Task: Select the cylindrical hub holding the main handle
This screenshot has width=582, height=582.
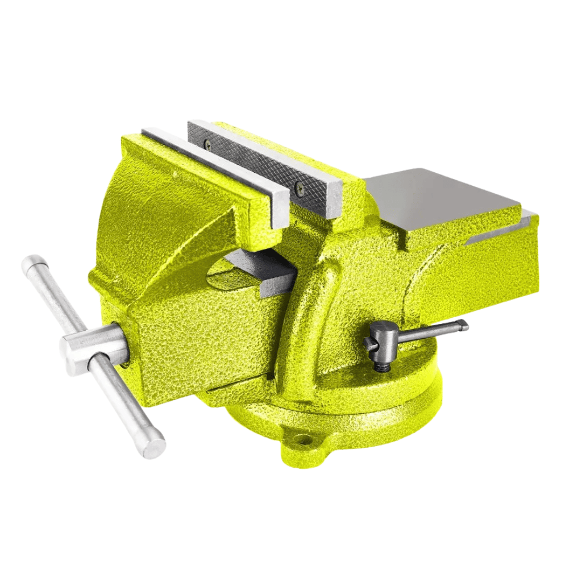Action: [x=91, y=348]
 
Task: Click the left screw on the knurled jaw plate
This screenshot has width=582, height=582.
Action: [x=208, y=145]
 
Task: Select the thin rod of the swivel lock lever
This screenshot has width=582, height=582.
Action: [x=426, y=332]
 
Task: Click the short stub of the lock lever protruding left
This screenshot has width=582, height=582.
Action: [x=370, y=344]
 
